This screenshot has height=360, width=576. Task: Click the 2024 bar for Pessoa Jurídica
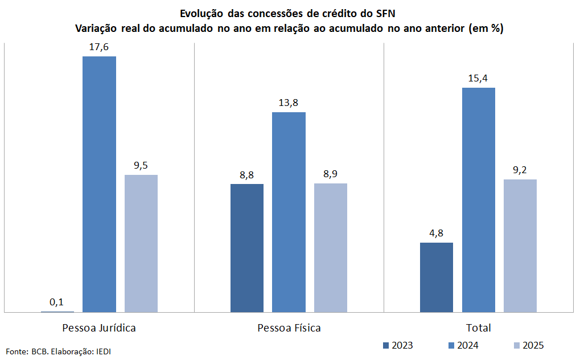[99, 184]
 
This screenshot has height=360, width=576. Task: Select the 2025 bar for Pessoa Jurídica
[141, 243]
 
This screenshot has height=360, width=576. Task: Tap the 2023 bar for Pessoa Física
[247, 248]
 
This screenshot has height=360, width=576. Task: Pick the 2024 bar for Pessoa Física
[289, 212]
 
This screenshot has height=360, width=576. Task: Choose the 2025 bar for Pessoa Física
[331, 247]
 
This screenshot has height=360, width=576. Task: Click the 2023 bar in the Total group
[437, 277]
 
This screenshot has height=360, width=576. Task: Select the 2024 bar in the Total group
[479, 199]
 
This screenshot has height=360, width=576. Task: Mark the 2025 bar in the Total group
[520, 246]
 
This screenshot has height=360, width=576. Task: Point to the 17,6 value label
[99, 47]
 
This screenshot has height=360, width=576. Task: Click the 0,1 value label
[57, 301]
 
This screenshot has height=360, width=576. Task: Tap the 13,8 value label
[289, 103]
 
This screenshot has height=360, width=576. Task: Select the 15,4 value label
[479, 78]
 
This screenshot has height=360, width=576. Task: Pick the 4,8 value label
[437, 232]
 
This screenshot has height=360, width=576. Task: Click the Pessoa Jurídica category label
[99, 328]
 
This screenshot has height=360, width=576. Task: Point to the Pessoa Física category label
[289, 328]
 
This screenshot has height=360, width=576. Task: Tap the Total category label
[479, 328]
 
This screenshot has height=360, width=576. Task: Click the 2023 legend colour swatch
[386, 345]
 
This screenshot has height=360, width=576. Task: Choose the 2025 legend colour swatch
[517, 345]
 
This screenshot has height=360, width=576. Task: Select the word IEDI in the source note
[103, 351]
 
